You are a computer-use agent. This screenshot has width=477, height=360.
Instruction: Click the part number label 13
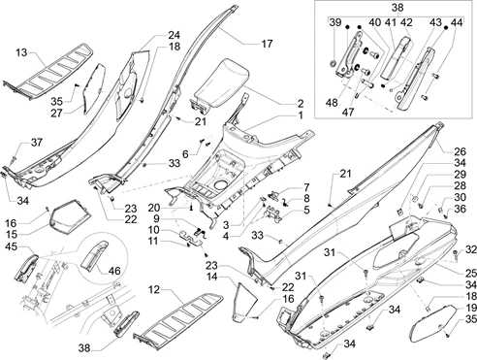click(21, 51)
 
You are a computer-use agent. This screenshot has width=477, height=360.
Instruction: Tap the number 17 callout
click(267, 44)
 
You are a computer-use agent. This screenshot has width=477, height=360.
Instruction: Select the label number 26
click(460, 151)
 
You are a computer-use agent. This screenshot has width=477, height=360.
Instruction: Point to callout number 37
click(37, 142)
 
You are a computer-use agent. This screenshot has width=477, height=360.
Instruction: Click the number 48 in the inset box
click(332, 102)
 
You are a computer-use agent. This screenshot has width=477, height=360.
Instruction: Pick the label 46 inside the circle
click(114, 270)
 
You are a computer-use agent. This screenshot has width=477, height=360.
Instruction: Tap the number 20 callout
click(154, 208)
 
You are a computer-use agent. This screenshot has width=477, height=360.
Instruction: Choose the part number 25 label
click(470, 274)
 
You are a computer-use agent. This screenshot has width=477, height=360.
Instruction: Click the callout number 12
click(154, 289)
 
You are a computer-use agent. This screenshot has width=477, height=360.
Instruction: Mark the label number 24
click(174, 35)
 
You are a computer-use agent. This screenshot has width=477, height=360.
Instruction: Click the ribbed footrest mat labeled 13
click(48, 71)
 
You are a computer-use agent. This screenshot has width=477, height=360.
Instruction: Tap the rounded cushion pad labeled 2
click(220, 85)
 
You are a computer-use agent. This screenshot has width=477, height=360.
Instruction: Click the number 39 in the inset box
click(335, 22)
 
